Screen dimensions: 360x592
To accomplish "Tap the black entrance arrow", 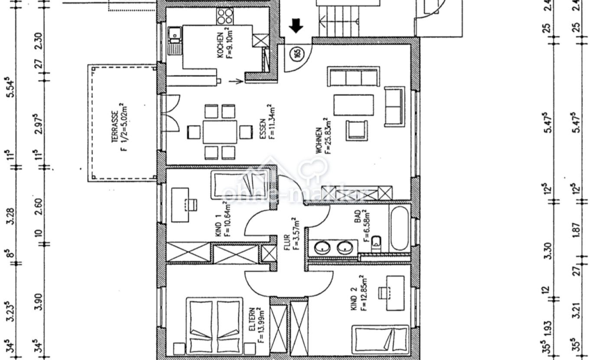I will [296, 26].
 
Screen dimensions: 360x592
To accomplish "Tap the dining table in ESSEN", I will [220, 132].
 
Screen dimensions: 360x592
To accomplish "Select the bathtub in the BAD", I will [399, 228].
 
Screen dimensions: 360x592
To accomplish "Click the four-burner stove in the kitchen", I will [225, 16].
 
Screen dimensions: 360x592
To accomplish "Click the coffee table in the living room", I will [353, 105].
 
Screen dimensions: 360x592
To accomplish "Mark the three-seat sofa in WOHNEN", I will [353, 77].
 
